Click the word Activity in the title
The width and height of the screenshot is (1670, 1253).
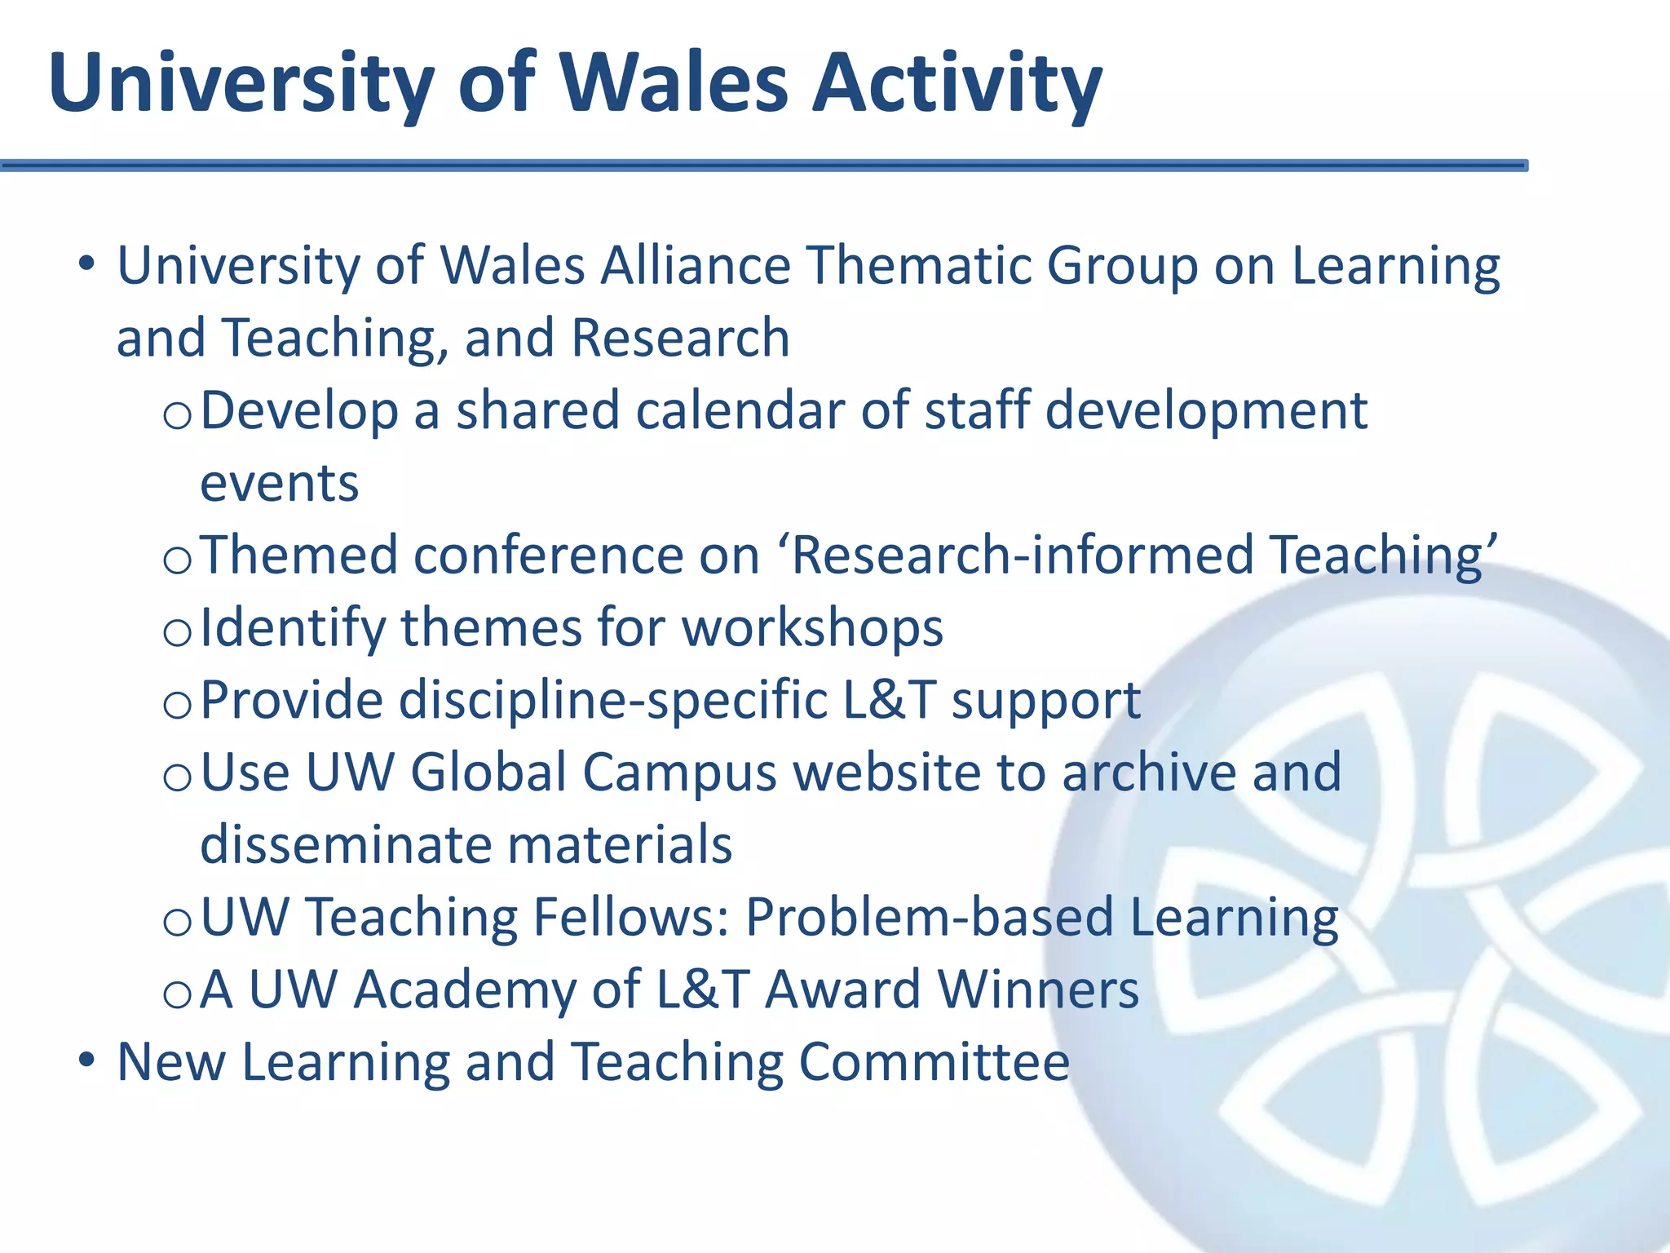tap(957, 84)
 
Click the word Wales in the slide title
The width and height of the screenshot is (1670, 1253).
tap(674, 84)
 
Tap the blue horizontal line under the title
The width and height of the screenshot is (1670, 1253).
tap(762, 166)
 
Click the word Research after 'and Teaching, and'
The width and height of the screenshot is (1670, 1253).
tap(681, 338)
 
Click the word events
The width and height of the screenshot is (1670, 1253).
tap(279, 484)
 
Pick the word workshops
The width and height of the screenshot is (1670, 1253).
tap(812, 629)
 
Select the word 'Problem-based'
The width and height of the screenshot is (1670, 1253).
tap(930, 918)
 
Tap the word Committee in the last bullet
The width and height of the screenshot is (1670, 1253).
tap(934, 1062)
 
